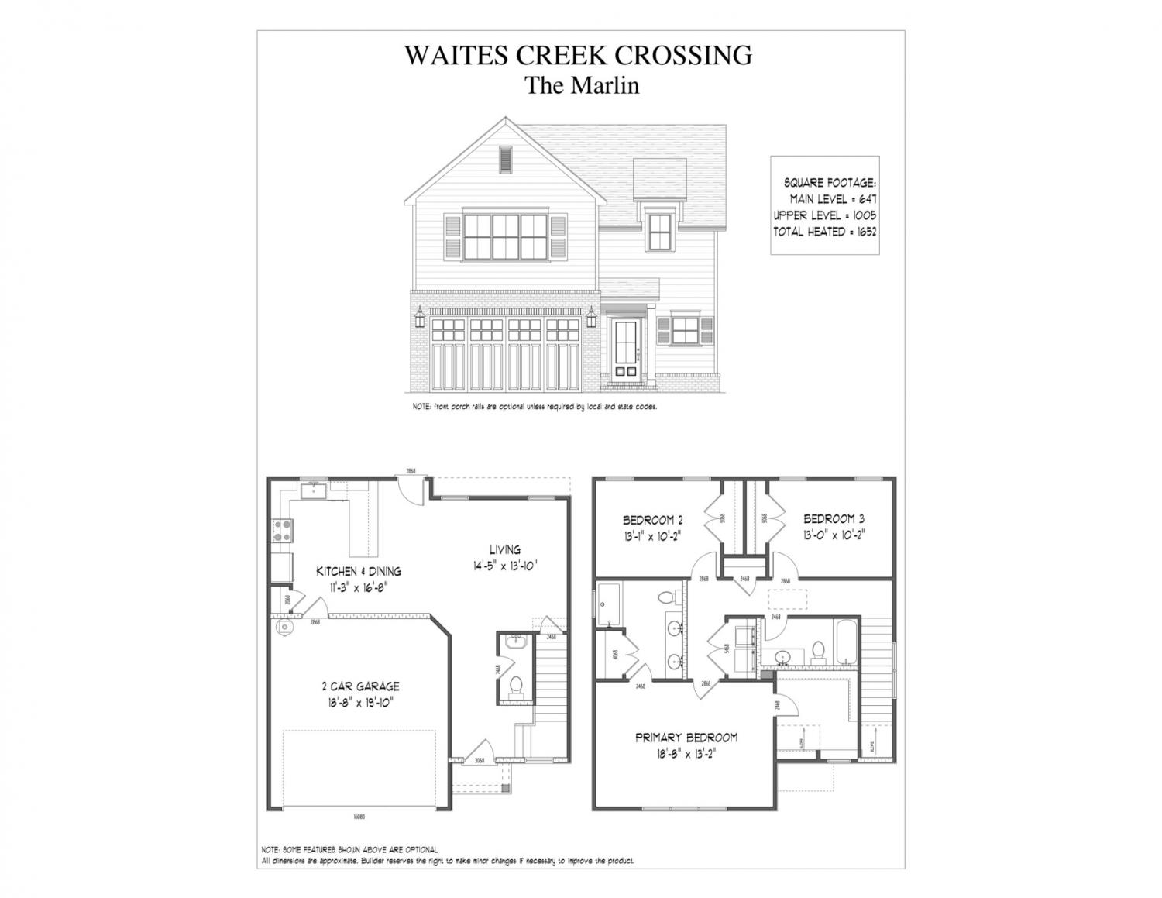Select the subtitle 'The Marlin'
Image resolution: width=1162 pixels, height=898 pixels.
coord(582,85)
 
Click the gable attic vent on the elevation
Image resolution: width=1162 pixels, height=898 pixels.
coord(506,160)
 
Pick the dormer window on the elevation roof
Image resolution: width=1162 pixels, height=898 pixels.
coord(660,232)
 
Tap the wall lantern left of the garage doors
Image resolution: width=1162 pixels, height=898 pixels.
coord(420,315)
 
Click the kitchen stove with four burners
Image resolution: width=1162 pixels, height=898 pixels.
coord(282,532)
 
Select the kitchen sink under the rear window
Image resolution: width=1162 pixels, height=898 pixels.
coord(315,490)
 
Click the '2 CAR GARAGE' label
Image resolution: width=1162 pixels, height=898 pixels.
coord(360,686)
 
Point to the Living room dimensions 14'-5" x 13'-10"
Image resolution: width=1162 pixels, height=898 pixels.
coord(505,566)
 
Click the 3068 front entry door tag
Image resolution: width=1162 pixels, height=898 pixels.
coord(479,761)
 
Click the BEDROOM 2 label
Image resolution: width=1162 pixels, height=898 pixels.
coord(652,520)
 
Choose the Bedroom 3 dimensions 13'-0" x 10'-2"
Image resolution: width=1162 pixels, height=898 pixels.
coord(834,534)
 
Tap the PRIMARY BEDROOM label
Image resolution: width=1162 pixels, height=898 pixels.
coord(686,738)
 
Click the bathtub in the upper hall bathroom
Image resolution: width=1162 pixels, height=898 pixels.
coord(846,642)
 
